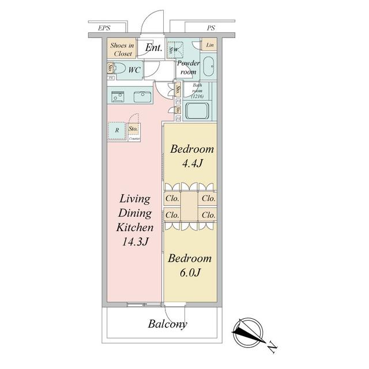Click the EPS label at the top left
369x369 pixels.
(x=104, y=28)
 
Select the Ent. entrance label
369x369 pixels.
(x=153, y=48)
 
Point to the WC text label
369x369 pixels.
(x=134, y=70)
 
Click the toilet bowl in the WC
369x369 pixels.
(x=118, y=69)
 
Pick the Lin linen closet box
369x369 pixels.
(x=210, y=45)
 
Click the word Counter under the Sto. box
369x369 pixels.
(x=135, y=139)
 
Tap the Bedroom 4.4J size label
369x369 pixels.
(x=191, y=163)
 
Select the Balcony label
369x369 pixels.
(x=167, y=324)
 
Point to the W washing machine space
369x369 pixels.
(x=174, y=49)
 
